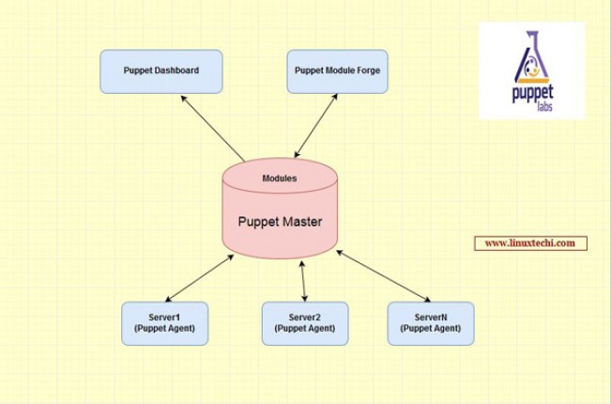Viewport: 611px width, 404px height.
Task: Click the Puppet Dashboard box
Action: tap(161, 71)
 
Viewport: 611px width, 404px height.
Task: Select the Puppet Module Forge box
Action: tap(337, 71)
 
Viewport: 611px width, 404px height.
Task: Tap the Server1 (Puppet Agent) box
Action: tap(164, 323)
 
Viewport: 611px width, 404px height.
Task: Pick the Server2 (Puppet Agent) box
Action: tap(304, 323)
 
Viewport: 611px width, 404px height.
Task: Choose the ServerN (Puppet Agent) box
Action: tap(431, 323)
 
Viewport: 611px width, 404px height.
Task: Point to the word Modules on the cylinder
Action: tap(280, 178)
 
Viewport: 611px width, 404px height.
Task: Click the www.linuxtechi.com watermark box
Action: tap(530, 243)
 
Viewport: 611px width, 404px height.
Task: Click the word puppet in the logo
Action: tap(532, 98)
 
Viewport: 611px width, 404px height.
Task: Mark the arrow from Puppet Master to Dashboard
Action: tap(212, 129)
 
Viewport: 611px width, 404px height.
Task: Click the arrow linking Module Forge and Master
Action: tap(316, 125)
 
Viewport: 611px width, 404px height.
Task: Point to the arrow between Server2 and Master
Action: tap(303, 281)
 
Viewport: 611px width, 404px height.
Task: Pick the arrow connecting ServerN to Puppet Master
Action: tap(384, 275)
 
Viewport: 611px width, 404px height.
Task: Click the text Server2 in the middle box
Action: tap(304, 318)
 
